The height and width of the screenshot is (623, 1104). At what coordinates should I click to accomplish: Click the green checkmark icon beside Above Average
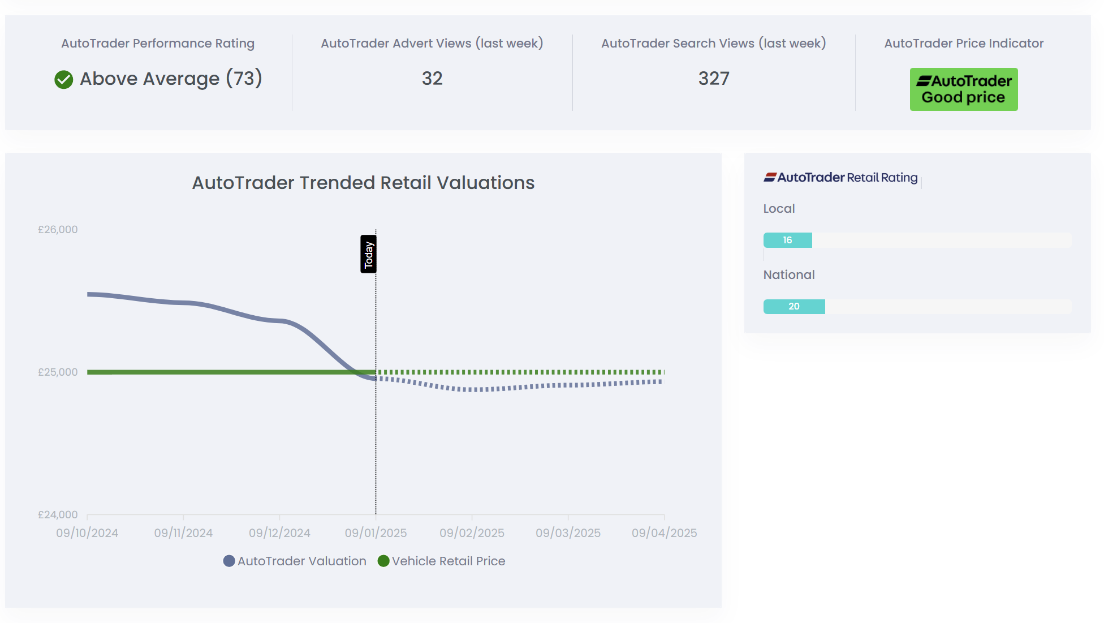[64, 80]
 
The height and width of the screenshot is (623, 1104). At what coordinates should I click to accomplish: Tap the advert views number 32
[432, 79]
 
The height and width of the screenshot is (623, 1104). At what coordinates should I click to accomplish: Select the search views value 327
[714, 79]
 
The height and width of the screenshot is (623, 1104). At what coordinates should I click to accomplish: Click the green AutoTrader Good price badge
[963, 89]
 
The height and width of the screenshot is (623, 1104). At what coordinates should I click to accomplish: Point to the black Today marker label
[369, 254]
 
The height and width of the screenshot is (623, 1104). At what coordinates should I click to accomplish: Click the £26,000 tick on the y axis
[58, 230]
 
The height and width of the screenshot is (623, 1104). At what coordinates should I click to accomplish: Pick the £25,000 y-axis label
[58, 372]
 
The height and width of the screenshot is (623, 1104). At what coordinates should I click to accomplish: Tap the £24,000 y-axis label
[58, 515]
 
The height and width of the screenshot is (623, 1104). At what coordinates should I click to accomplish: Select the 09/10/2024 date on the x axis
[87, 533]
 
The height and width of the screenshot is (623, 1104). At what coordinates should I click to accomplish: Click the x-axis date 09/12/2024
[279, 533]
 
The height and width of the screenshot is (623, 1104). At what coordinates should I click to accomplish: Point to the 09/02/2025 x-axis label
[472, 533]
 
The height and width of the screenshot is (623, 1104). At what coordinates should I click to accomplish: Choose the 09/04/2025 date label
[664, 533]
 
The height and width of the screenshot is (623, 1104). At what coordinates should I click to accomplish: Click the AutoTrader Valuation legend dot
[229, 561]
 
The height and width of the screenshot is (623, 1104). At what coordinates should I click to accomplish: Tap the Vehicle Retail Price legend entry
[442, 561]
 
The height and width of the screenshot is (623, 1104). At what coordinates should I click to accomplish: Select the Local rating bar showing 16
[788, 240]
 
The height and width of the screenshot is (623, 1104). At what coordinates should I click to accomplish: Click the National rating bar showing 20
[794, 307]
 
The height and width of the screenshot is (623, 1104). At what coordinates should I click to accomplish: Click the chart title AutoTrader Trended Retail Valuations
[363, 183]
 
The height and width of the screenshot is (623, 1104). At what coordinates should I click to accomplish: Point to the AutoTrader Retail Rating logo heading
[840, 178]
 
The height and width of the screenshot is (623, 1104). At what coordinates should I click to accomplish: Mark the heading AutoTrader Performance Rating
[158, 44]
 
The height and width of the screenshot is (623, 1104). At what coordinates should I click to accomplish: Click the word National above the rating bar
[789, 275]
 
